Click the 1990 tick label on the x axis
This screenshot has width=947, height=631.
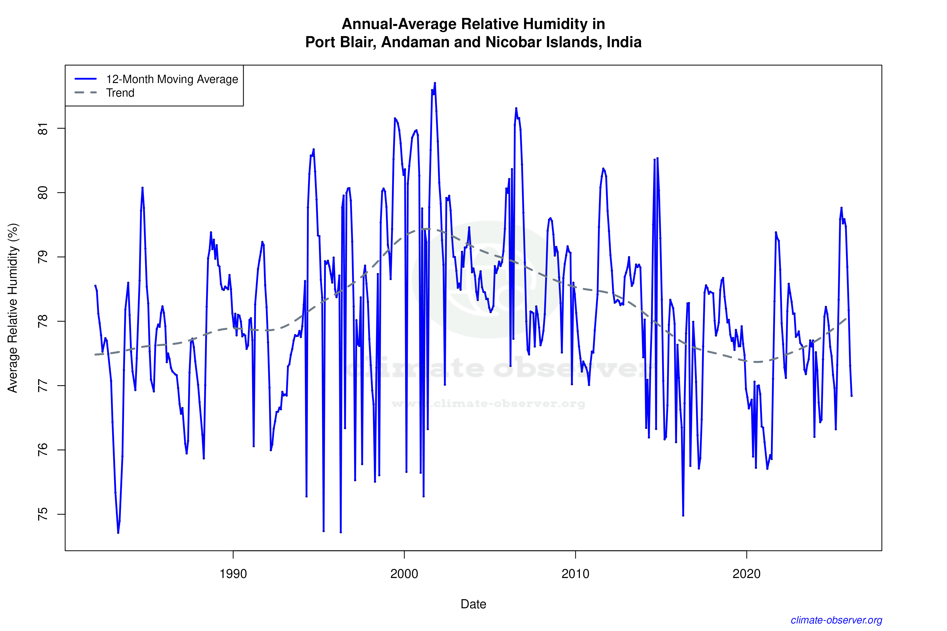tap(233, 573)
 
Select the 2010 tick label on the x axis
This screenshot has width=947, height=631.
tap(575, 573)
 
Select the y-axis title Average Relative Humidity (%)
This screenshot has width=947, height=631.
tap(13, 308)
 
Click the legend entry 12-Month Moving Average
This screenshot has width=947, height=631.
tap(172, 79)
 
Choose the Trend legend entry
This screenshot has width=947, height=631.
tap(120, 93)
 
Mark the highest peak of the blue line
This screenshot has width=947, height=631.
tap(435, 83)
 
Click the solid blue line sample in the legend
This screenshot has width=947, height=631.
tap(86, 79)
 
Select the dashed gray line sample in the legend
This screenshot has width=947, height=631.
tap(86, 93)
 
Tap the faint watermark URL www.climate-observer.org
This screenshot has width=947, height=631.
tap(488, 404)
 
